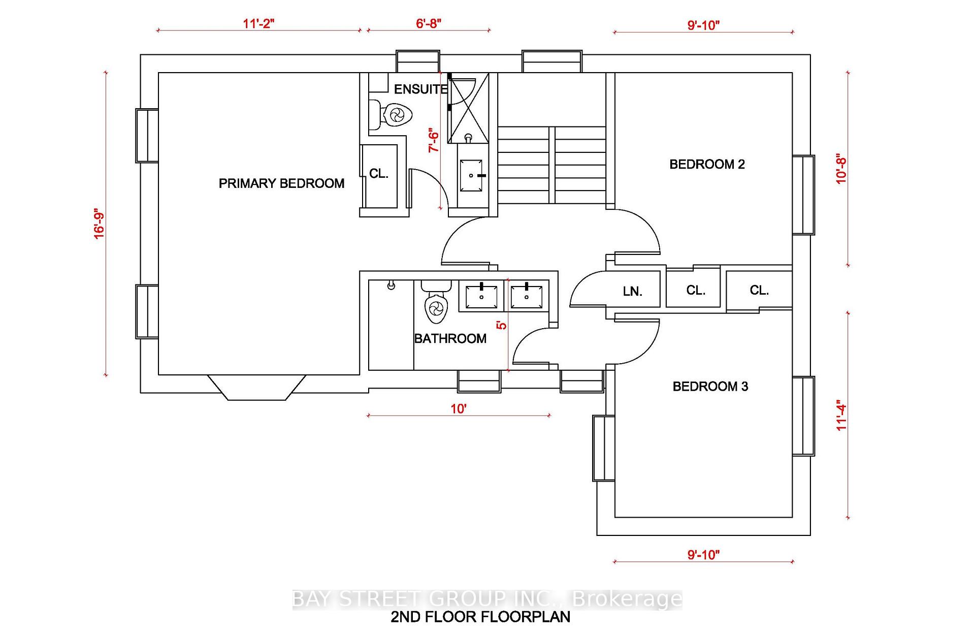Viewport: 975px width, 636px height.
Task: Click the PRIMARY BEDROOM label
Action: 281,183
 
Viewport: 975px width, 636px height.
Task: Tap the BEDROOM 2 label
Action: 707,164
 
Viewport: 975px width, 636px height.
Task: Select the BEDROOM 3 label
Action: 710,387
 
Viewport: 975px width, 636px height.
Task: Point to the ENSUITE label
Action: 420,89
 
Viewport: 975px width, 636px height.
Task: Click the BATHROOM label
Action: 450,338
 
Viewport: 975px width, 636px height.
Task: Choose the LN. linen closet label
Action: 633,292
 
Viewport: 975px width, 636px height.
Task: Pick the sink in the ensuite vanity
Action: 471,176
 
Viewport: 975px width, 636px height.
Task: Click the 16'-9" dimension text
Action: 99,225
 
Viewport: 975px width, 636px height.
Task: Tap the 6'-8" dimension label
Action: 429,23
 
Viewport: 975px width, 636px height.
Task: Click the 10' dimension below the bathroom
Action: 459,409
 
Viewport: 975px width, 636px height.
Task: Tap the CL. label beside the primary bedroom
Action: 379,174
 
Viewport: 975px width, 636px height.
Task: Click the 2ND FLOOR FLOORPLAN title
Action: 480,617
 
